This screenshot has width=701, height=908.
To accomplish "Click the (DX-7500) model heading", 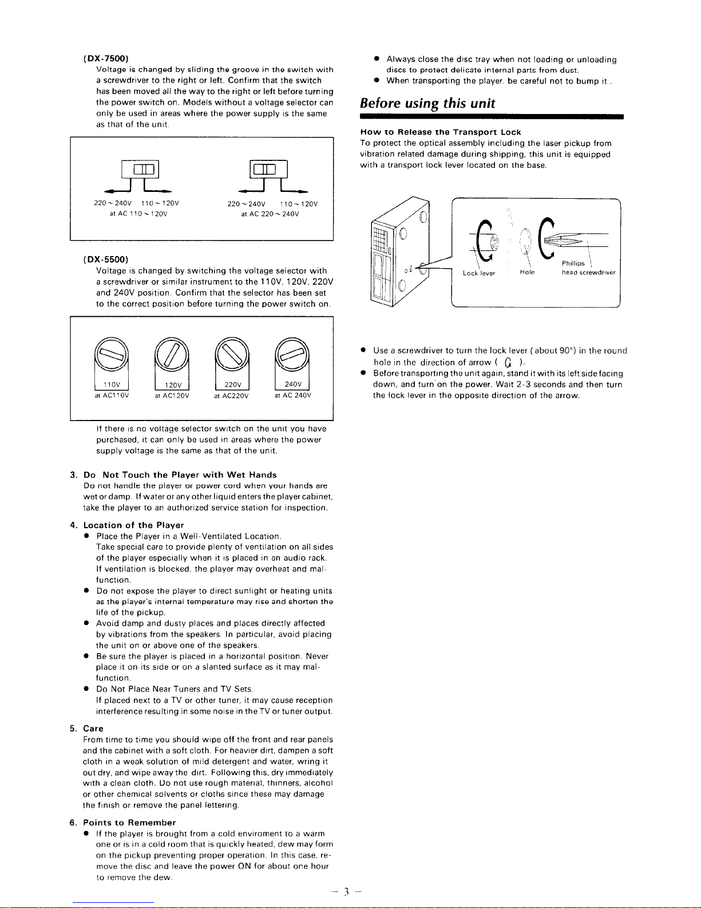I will pos(105,58).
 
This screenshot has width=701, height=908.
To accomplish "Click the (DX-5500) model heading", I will pos(105,259).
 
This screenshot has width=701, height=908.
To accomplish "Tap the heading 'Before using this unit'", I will pos(427,104).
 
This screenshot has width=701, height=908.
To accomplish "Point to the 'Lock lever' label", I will pos(479,273).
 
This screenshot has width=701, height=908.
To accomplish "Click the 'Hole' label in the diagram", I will pos(527,273).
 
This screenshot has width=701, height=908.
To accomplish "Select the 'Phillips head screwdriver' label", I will pos(588,268).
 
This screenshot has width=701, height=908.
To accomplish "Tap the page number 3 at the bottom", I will pos(347,892).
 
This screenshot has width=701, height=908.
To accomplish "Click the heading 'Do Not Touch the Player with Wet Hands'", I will pos(180,475).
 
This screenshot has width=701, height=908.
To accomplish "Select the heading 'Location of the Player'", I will pos(133,525).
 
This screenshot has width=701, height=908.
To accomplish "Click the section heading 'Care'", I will pos(93,729).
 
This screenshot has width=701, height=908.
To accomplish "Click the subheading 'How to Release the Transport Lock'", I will pos(441,132).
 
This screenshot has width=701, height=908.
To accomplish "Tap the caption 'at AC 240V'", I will pos(292,395).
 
